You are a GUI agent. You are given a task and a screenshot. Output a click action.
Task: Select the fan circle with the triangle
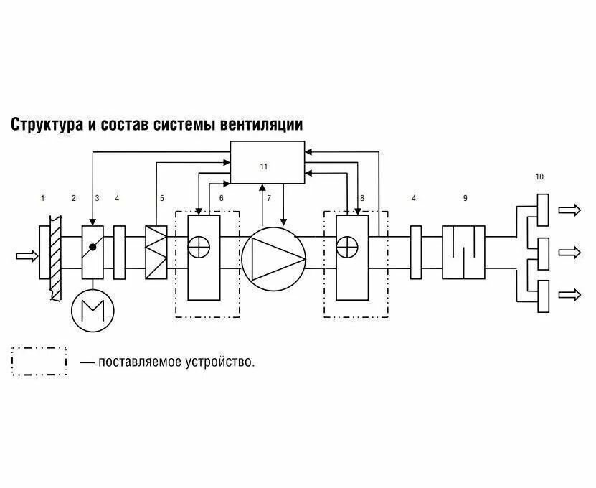click(x=273, y=258)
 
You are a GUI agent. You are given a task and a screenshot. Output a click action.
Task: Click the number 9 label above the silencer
click(x=465, y=198)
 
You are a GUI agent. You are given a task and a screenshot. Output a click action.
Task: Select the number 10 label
click(x=539, y=176)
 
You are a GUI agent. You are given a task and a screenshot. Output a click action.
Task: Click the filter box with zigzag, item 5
click(x=156, y=252)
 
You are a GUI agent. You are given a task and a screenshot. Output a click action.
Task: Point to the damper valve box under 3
click(x=93, y=252)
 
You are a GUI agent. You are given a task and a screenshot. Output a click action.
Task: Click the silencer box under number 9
click(x=463, y=252)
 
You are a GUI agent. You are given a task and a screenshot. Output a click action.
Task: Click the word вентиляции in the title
click(x=261, y=125)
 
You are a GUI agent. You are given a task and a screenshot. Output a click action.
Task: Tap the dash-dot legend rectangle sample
click(x=39, y=362)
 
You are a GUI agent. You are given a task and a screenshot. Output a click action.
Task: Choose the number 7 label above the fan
click(x=269, y=198)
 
